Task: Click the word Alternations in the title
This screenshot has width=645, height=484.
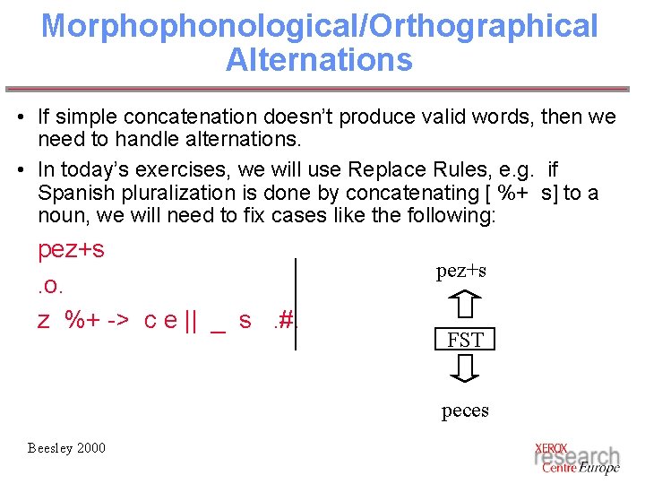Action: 319,60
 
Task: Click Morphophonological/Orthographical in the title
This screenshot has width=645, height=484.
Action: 319,25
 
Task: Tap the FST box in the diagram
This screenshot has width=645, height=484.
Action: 465,340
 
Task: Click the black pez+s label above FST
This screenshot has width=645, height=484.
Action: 461,272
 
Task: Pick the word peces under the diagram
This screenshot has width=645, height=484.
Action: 465,411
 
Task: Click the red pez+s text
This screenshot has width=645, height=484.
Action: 71,249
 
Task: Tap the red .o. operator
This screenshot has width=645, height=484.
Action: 51,285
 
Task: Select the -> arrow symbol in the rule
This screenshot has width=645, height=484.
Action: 119,320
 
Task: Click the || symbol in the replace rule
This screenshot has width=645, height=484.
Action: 189,320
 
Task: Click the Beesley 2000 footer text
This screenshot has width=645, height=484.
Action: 65,447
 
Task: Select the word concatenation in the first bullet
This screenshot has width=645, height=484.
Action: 184,117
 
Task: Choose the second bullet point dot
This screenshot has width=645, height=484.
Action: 20,170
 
